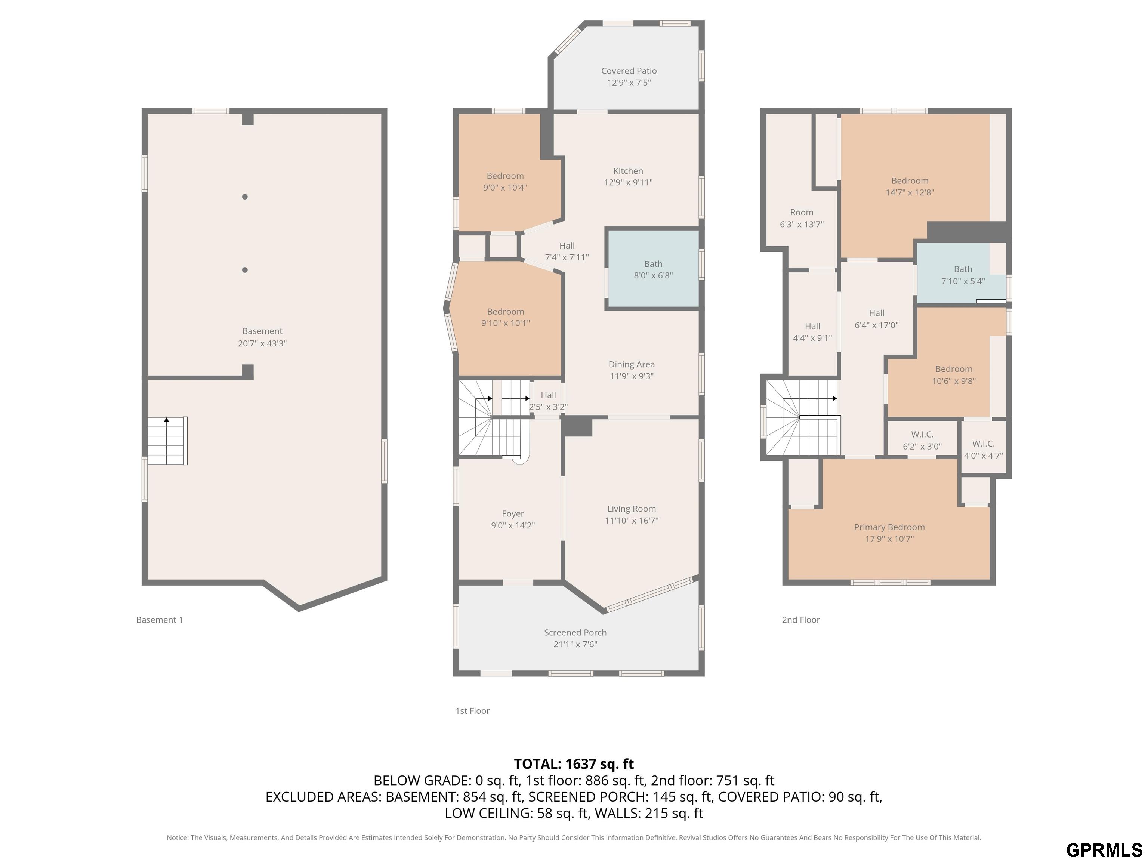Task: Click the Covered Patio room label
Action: tap(629, 71)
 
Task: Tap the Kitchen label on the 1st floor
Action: tap(628, 171)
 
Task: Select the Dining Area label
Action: tap(632, 364)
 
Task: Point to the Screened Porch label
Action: tap(575, 632)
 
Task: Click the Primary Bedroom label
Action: tap(889, 527)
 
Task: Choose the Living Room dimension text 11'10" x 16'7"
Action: tap(632, 520)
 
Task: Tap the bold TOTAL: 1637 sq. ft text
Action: tap(574, 764)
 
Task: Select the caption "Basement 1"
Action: tap(159, 620)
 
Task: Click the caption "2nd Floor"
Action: tap(801, 620)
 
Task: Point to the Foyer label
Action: tap(513, 514)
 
